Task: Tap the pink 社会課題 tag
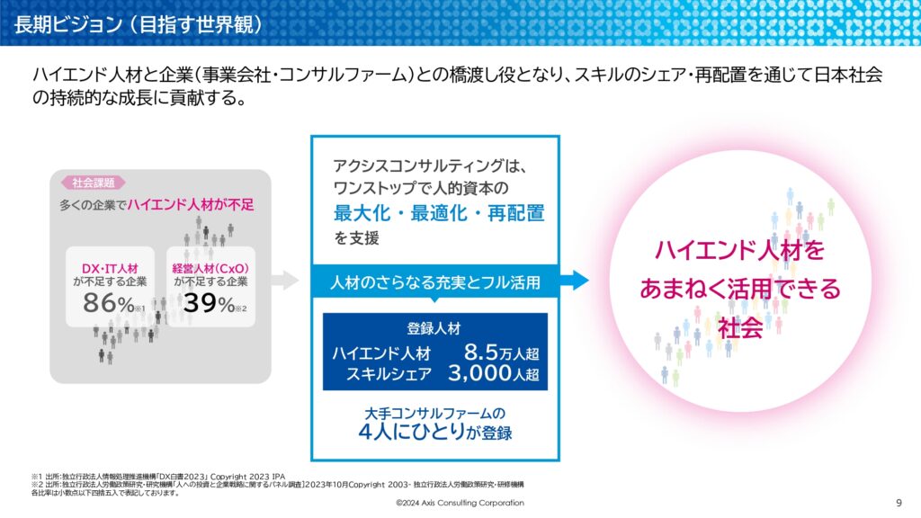pyautogui.click(x=88, y=183)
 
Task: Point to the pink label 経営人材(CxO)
pyautogui.click(x=210, y=267)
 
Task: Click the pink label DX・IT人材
pyautogui.click(x=111, y=267)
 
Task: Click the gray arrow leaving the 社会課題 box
pyautogui.click(x=285, y=280)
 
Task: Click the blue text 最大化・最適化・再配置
pyautogui.click(x=439, y=214)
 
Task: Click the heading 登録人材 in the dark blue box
pyautogui.click(x=434, y=328)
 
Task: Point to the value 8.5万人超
pyautogui.click(x=500, y=352)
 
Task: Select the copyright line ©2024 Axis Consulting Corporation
pyautogui.click(x=460, y=502)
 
